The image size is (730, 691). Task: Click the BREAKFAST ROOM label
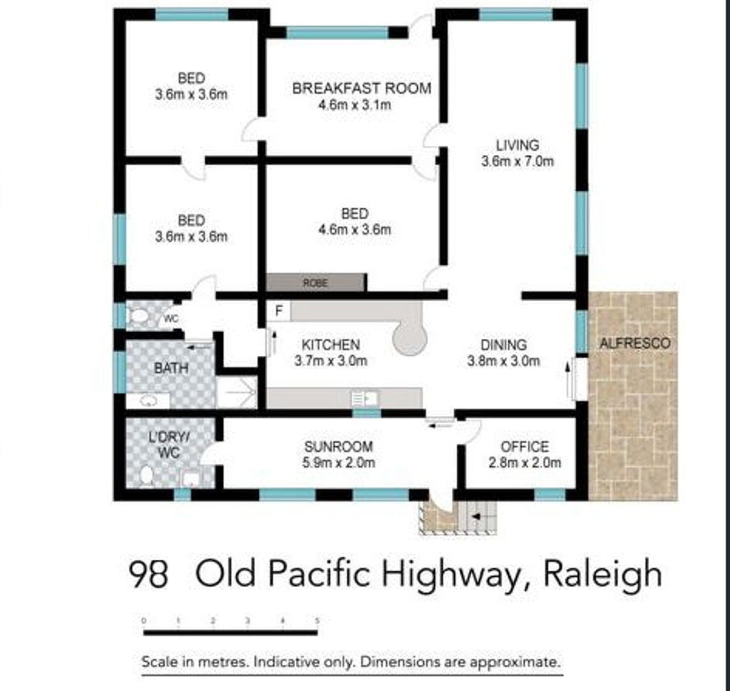coord(362,88)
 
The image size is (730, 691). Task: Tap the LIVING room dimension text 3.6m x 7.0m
coord(517,161)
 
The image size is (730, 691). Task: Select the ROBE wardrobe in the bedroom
coord(315,283)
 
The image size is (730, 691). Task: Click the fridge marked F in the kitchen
coord(279,311)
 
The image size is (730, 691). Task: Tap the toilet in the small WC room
coord(138,316)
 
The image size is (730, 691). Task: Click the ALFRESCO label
coord(635,343)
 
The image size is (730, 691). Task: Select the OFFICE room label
coord(525,447)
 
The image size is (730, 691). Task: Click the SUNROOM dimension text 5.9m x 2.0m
coord(339,463)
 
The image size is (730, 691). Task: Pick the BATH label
coord(171,368)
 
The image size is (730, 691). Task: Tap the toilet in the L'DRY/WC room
coord(146,476)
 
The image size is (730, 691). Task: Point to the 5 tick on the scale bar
coord(317,621)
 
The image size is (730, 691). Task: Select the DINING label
coord(504,345)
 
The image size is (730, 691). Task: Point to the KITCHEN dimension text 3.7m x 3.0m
coord(331,361)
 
